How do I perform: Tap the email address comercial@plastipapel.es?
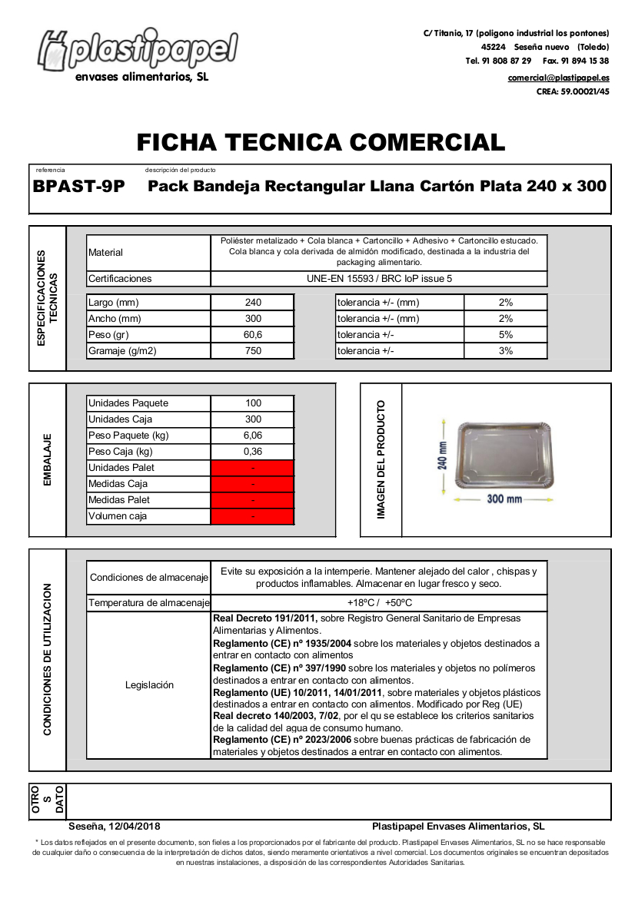pyautogui.click(x=558, y=78)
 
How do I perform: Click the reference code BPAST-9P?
pyautogui.click(x=79, y=186)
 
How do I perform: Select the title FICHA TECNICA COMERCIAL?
pyautogui.click(x=321, y=142)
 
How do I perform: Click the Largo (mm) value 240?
pyautogui.click(x=253, y=303)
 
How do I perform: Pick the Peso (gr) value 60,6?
pyautogui.click(x=253, y=335)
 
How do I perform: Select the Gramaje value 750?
pyautogui.click(x=253, y=351)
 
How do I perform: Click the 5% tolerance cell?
pyautogui.click(x=505, y=335)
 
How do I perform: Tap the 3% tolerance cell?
pyautogui.click(x=505, y=351)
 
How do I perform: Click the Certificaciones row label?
pyautogui.click(x=121, y=279)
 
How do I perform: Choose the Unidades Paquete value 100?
pyautogui.click(x=253, y=403)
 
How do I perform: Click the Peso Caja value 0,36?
pyautogui.click(x=253, y=452)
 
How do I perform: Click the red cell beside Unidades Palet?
pyautogui.click(x=253, y=468)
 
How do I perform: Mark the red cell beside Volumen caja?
pyautogui.click(x=253, y=516)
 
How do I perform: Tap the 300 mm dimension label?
pyautogui.click(x=504, y=499)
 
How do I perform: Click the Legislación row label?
pyautogui.click(x=149, y=685)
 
